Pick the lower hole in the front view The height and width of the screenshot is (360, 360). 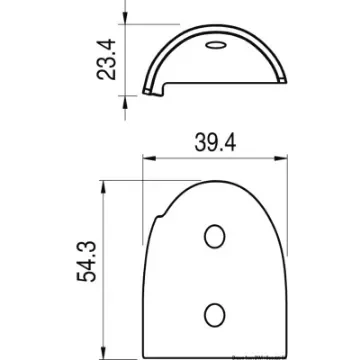[x=213, y=314]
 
